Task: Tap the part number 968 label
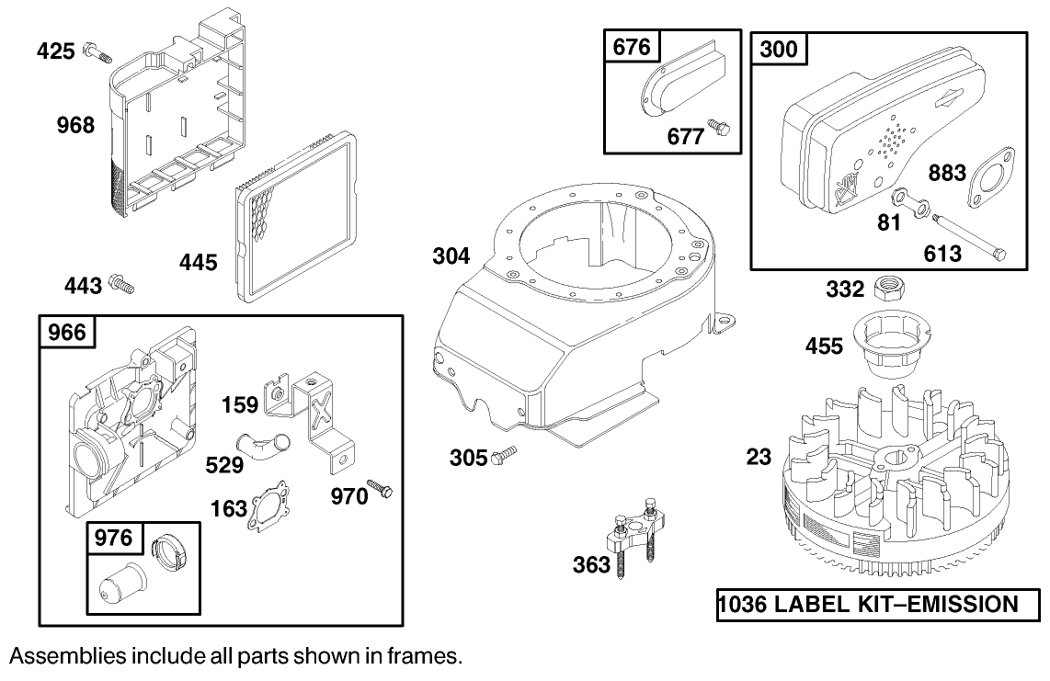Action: pyautogui.click(x=75, y=125)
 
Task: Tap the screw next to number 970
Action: pyautogui.click(x=380, y=489)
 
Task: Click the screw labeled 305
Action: pyautogui.click(x=506, y=454)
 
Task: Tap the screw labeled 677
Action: pyautogui.click(x=721, y=129)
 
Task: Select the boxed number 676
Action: pyautogui.click(x=632, y=47)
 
